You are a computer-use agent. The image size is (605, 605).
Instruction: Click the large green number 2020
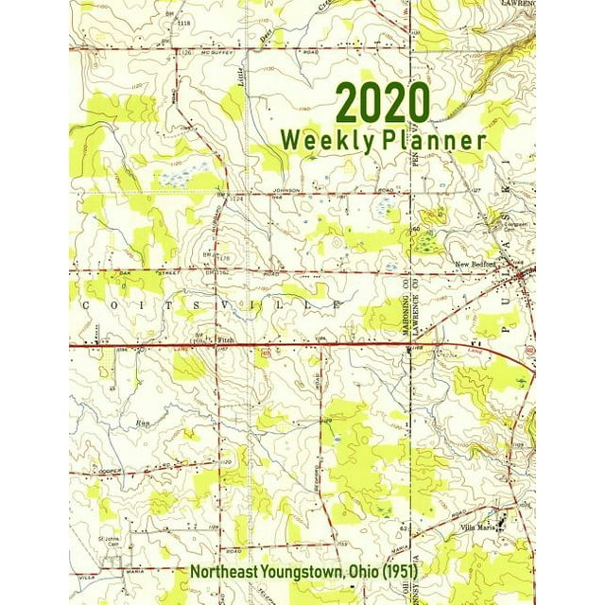[382, 102]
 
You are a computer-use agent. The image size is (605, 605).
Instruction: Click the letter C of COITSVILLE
[85, 305]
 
